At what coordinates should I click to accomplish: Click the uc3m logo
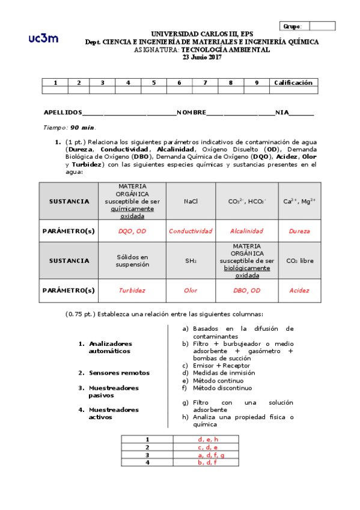click(43, 38)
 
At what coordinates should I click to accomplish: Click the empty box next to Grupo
click(322, 26)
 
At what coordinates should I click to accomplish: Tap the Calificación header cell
click(293, 82)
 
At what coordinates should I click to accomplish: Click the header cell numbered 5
click(154, 82)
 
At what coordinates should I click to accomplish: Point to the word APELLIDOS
click(63, 112)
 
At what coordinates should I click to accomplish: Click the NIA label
click(282, 112)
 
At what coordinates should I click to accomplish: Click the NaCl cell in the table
click(191, 201)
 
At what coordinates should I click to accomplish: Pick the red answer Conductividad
click(191, 230)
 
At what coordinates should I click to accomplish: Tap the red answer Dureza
click(299, 230)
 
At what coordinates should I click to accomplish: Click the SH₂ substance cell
click(191, 260)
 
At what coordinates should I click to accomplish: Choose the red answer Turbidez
click(132, 290)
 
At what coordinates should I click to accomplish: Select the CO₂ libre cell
click(299, 260)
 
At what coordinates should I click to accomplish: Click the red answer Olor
click(191, 290)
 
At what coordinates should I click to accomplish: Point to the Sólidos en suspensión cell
click(132, 260)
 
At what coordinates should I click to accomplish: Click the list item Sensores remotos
click(119, 373)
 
